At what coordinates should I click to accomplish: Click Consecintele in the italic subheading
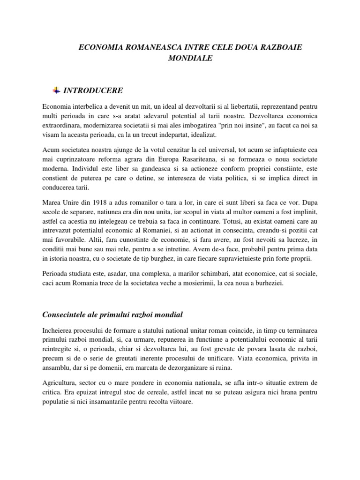click(63, 314)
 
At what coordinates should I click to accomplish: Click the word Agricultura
click(59, 384)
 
